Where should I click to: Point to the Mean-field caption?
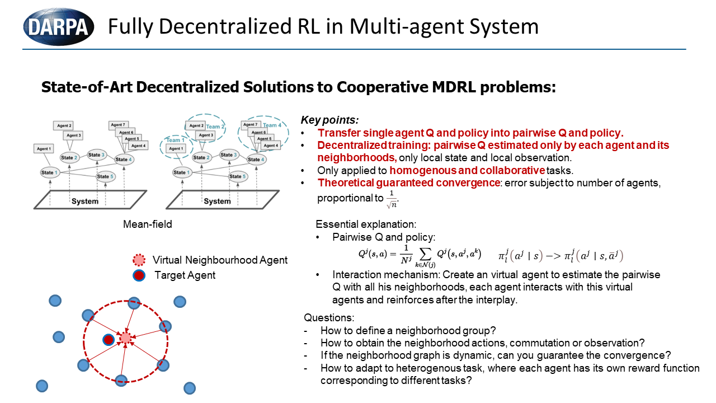click(148, 224)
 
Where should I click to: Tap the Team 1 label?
click(175, 140)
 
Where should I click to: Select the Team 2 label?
click(216, 127)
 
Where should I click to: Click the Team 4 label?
click(273, 125)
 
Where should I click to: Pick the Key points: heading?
click(329, 120)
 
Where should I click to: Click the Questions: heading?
click(329, 317)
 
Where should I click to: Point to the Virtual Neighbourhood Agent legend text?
click(220, 260)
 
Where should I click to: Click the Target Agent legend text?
click(185, 275)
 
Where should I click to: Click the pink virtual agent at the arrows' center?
click(125, 338)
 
